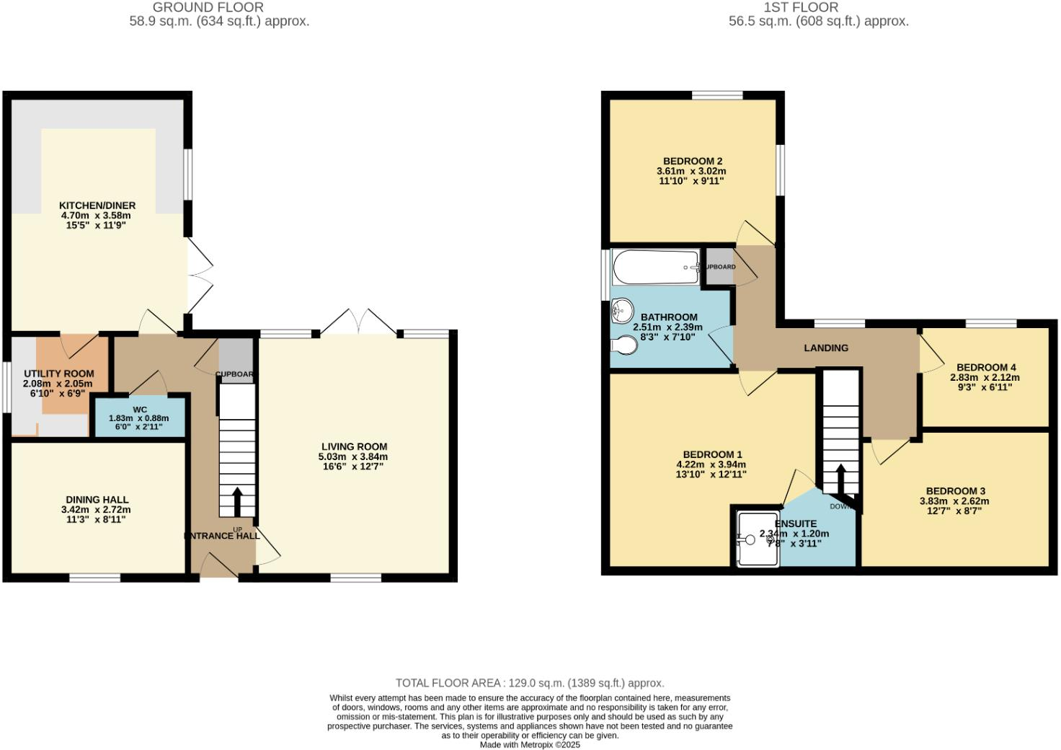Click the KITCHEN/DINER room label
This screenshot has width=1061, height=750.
click(x=97, y=206)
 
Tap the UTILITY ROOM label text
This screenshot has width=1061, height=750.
click(x=59, y=374)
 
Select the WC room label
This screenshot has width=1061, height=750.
click(x=139, y=410)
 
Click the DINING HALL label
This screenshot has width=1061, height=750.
click(x=97, y=499)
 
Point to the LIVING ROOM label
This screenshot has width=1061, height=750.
click(x=354, y=446)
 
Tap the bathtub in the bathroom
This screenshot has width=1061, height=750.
click(x=655, y=268)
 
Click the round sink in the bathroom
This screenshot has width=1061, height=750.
click(x=622, y=312)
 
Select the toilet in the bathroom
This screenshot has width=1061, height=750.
click(x=623, y=347)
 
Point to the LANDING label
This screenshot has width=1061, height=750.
click(x=826, y=348)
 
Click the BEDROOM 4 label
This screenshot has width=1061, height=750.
click(x=986, y=367)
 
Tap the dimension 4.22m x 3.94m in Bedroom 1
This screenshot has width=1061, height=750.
click(x=711, y=464)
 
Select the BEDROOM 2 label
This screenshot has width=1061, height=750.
click(x=693, y=161)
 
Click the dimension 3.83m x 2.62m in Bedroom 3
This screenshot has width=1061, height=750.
click(x=954, y=501)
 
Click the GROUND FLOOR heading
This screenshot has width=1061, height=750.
click(x=208, y=7)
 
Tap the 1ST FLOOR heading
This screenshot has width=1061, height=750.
click(x=801, y=7)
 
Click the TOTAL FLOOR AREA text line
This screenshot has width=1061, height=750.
click(x=530, y=683)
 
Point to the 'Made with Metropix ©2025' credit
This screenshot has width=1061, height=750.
click(x=530, y=745)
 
